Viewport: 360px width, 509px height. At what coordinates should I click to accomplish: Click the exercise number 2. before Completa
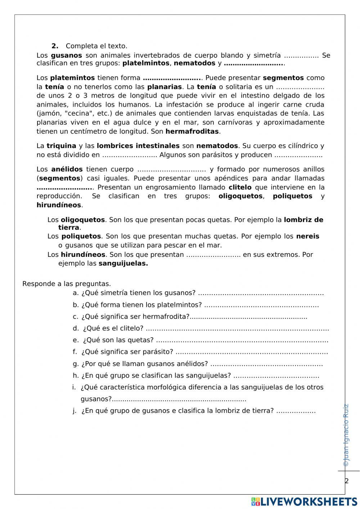55,46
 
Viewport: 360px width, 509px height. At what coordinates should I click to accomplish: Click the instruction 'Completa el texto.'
96,46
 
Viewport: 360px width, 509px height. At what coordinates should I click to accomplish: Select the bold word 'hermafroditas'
192,131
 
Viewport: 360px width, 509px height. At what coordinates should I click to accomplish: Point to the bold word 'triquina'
61,146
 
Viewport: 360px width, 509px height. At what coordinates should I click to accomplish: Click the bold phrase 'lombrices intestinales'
138,146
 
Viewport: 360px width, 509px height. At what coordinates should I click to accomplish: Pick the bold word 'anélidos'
67,169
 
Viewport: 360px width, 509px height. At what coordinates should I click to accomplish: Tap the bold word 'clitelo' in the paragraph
240,187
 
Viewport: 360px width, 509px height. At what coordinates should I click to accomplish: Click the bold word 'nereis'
307,236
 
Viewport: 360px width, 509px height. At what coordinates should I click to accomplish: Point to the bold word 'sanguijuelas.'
123,263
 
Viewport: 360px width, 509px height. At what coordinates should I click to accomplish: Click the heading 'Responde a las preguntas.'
67,284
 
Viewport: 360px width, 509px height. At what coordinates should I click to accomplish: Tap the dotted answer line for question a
261,293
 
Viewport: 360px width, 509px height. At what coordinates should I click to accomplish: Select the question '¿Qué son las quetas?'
118,340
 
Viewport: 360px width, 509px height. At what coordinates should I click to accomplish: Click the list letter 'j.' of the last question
75,411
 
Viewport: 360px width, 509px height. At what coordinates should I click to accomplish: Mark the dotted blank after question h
276,376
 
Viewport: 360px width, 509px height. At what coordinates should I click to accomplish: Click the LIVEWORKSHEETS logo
304,502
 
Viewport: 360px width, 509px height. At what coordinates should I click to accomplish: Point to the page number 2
347,481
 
